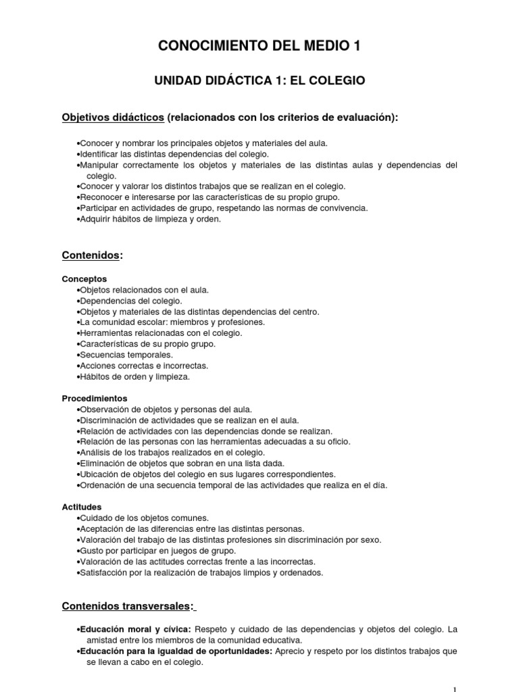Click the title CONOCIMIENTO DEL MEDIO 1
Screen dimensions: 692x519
(259, 46)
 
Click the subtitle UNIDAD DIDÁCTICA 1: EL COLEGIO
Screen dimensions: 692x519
(259, 80)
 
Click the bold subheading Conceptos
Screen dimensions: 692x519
(84, 278)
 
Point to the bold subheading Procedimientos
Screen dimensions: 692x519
(95, 398)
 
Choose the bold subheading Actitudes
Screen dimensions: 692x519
(82, 506)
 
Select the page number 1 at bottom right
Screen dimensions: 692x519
(455, 689)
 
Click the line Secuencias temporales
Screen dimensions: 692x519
(126, 354)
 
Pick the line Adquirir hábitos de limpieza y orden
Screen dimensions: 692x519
(150, 218)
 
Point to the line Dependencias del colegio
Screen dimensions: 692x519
(131, 300)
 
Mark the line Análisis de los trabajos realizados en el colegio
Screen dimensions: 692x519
(172, 452)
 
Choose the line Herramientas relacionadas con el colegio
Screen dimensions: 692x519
(161, 332)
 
